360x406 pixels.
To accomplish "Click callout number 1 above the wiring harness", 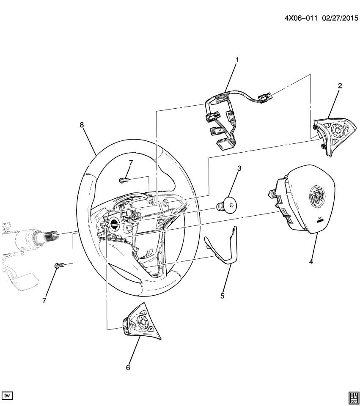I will [237, 60].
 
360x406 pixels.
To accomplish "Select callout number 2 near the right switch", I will [340, 86].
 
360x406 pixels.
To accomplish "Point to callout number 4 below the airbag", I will [311, 262].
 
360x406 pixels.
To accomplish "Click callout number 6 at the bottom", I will [128, 368].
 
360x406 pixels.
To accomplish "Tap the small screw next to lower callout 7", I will [59, 266].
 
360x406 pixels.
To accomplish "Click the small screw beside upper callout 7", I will [124, 181].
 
